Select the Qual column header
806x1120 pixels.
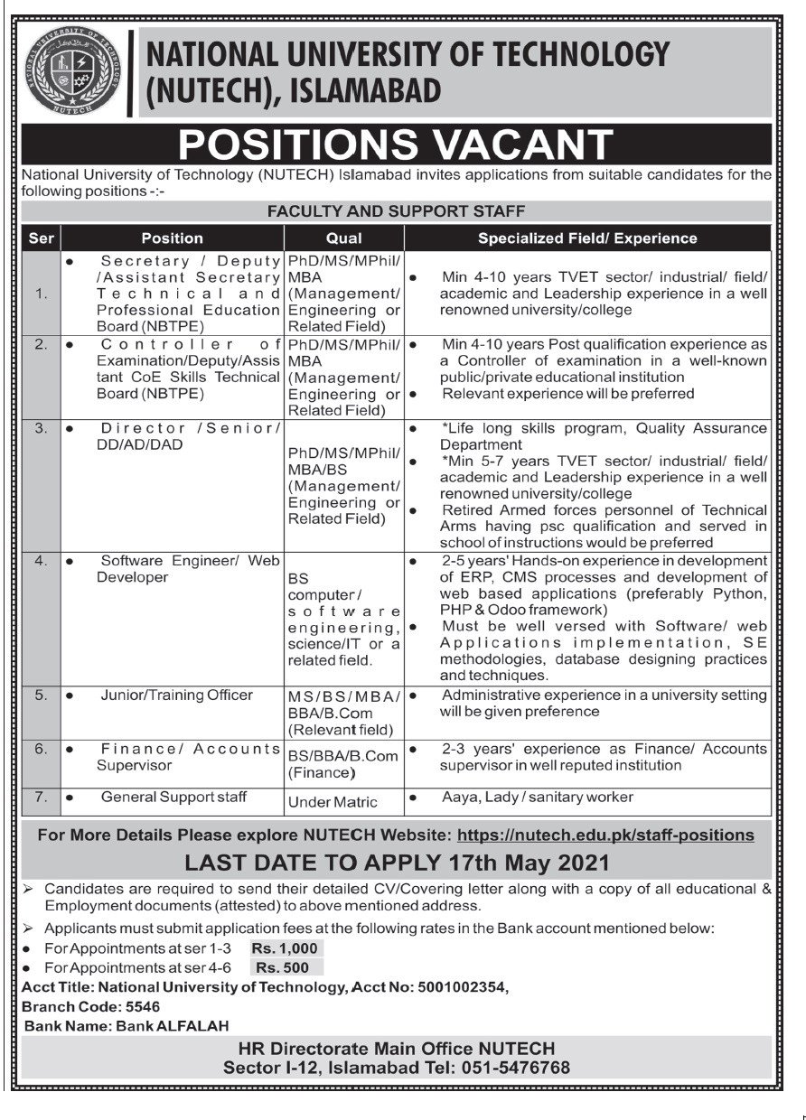(344, 238)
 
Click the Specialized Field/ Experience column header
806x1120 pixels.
(587, 238)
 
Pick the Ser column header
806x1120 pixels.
(41, 238)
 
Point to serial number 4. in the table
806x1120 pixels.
(41, 560)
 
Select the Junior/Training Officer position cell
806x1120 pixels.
(177, 695)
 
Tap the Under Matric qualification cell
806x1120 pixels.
(333, 801)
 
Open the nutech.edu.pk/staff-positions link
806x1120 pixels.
(605, 835)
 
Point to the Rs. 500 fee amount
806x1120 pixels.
(283, 967)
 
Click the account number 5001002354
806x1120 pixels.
(460, 987)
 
